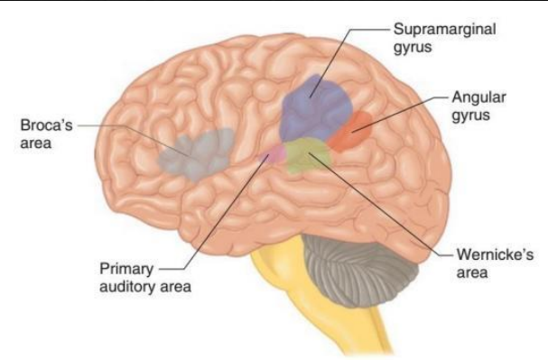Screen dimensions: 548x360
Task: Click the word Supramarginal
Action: click(444, 30)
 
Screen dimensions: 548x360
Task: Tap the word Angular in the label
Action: click(478, 97)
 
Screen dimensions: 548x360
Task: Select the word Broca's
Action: click(46, 125)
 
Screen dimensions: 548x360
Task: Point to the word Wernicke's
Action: click(495, 254)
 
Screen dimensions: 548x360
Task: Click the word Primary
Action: click(126, 270)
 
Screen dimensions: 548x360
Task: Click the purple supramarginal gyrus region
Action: click(315, 108)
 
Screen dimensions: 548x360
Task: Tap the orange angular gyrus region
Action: click(349, 131)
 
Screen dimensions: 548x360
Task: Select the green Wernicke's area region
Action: click(308, 154)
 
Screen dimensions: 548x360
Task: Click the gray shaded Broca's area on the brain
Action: click(197, 153)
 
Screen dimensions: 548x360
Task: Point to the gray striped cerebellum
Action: click(360, 270)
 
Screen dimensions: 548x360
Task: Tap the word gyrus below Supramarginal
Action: click(413, 48)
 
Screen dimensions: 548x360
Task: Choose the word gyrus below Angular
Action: click(470, 115)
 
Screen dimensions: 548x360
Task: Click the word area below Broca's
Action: click(36, 143)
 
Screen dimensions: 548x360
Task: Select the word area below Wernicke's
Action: click(472, 272)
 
